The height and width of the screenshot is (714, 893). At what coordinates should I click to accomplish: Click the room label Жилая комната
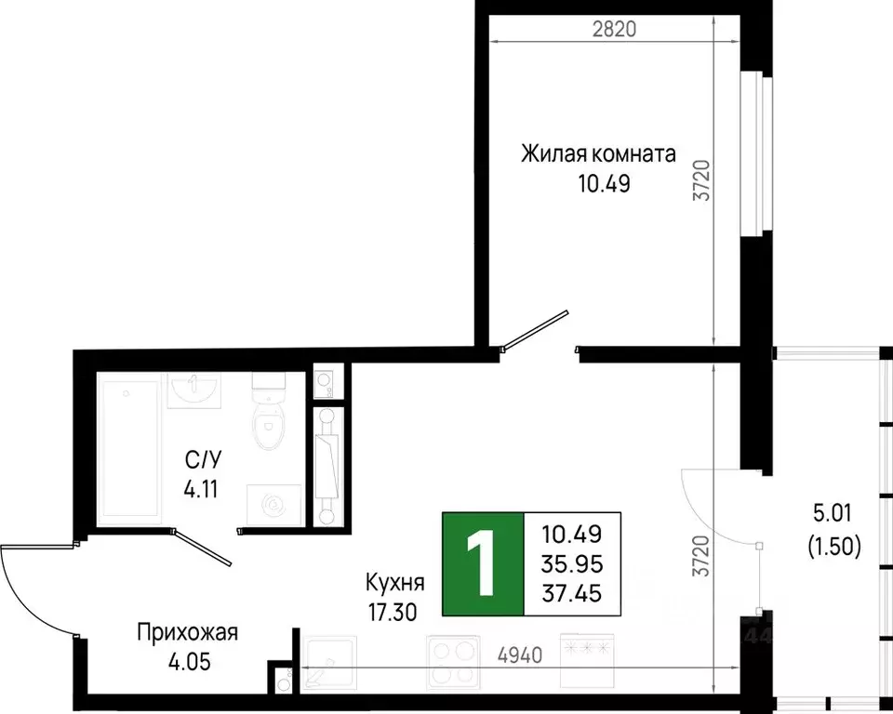(598, 153)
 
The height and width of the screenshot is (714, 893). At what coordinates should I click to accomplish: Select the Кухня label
(395, 584)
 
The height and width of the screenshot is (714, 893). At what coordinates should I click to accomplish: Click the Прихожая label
(188, 633)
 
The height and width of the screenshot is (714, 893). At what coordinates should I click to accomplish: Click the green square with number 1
(482, 564)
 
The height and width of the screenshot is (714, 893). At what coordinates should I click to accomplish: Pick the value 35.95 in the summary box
(571, 564)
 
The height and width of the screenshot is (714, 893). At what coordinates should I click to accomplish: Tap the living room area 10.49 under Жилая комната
(603, 183)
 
